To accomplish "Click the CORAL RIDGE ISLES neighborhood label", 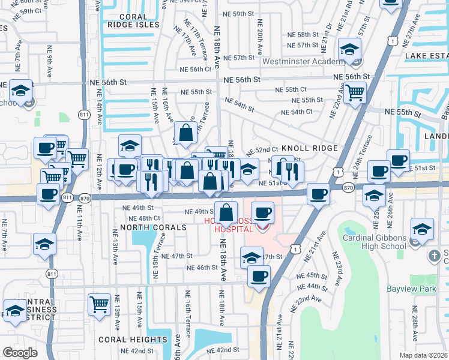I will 133,20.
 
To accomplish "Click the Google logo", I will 19,353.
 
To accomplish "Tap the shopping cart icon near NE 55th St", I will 355,92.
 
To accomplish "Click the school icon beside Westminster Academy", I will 349,50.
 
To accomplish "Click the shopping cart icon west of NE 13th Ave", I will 99,304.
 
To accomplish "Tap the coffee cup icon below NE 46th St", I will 259,276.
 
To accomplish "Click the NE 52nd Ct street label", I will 262,149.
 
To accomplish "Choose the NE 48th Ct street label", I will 145,218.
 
